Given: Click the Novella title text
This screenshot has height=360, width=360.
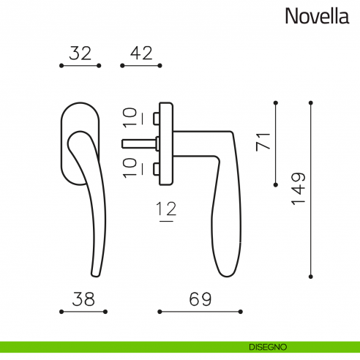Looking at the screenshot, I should tap(318, 16).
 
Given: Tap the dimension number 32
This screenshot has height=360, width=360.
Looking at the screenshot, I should tap(80, 53).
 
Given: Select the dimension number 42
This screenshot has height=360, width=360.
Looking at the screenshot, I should tap(140, 53).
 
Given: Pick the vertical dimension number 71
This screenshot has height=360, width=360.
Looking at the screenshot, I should tap(263, 141).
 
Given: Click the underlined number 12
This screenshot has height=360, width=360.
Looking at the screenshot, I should tap(167, 211).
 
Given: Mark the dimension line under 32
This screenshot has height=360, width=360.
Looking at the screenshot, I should tap(80, 66).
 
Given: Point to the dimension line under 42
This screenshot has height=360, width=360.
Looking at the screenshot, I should tap(140, 66).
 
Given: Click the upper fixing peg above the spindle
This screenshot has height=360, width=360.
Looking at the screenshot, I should tap(157, 117).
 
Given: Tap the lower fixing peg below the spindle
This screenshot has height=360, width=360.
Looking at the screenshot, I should tap(157, 170).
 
